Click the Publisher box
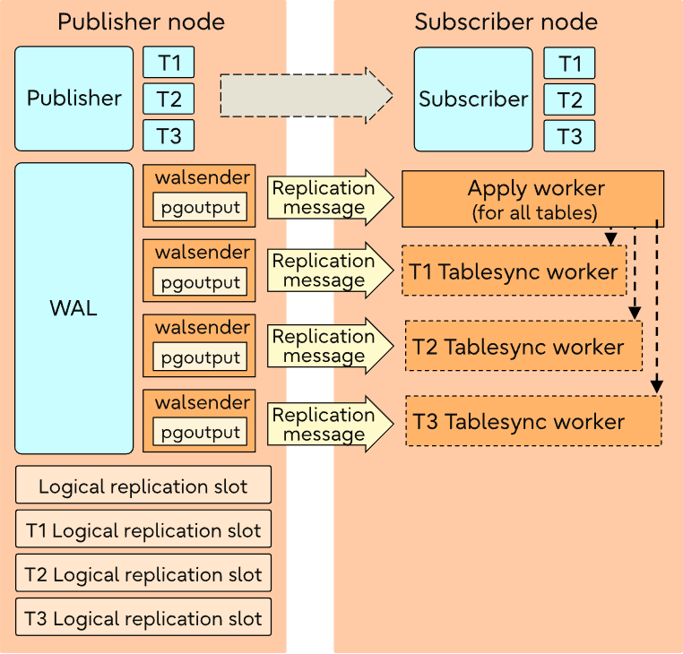[73, 99]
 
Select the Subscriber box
[473, 99]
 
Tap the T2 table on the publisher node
[169, 99]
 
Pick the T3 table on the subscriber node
[569, 136]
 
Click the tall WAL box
[73, 309]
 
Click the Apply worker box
[532, 198]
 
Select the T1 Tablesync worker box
[514, 271]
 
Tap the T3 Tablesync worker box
[533, 421]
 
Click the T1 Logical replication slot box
[143, 530]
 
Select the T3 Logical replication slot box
[143, 618]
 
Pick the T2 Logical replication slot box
[143, 574]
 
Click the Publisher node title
[141, 22]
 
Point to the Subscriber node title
[506, 22]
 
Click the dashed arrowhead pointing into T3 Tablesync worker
[657, 386]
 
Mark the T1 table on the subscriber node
[569, 63]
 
